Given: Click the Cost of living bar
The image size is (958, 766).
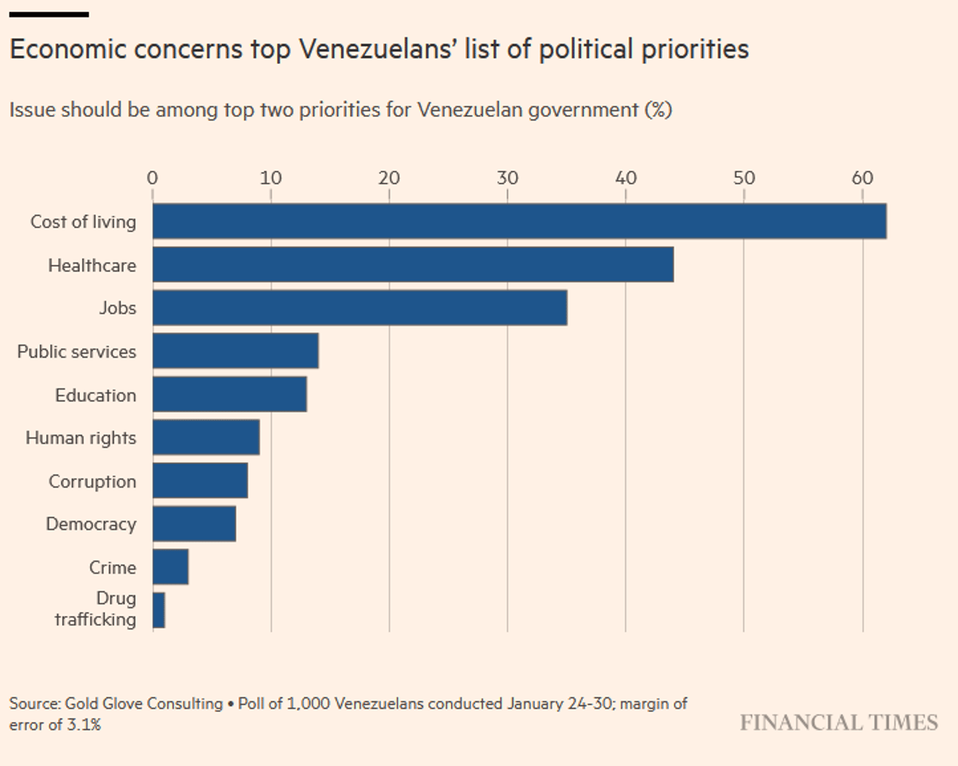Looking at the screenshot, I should click(x=519, y=221).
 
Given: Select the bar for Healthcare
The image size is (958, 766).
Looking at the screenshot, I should click(x=413, y=264).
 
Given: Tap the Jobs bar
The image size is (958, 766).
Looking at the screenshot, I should click(x=359, y=308).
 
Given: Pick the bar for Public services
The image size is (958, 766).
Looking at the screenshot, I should click(x=236, y=351).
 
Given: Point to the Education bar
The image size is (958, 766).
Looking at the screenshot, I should click(x=229, y=394).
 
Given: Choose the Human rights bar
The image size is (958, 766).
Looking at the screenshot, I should click(x=206, y=437).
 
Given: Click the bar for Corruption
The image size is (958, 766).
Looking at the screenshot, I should click(x=200, y=480).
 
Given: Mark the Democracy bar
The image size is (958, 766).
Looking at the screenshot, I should click(x=194, y=523).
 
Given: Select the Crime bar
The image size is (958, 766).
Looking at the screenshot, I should click(x=170, y=567).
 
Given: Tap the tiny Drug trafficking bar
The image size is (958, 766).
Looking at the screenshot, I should click(x=159, y=610).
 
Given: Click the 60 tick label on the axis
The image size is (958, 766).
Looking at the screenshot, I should click(x=862, y=177).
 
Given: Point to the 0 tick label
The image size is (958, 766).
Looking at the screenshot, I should click(x=152, y=177).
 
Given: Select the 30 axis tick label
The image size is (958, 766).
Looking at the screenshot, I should click(x=508, y=177).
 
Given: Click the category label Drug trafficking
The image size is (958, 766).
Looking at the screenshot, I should click(x=95, y=609).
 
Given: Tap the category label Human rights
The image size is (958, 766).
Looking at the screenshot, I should click(x=81, y=438).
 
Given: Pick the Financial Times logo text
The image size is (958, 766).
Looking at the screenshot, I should click(x=838, y=723).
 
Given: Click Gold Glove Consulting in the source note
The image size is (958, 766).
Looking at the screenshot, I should click(x=144, y=704).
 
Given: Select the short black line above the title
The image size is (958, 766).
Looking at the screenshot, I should click(x=49, y=14).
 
